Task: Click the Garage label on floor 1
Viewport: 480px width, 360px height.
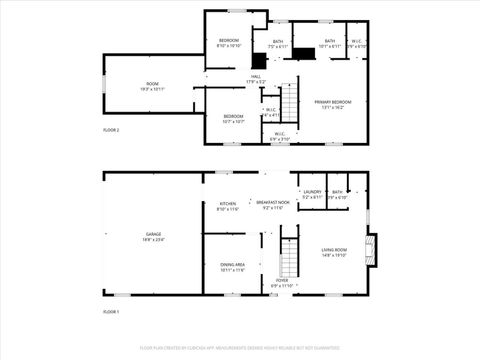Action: pyautogui.click(x=152, y=235)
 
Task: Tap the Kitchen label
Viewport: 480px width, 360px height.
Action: pyautogui.click(x=228, y=206)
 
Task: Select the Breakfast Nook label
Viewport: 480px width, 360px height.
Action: pyautogui.click(x=273, y=204)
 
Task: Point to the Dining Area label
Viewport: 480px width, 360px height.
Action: pyautogui.click(x=233, y=266)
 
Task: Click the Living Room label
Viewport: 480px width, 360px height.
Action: pyautogui.click(x=334, y=251)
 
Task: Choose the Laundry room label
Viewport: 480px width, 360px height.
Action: pyautogui.click(x=312, y=193)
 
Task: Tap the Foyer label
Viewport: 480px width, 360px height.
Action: pyautogui.click(x=283, y=282)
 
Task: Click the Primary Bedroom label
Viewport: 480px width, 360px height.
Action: pyautogui.click(x=333, y=103)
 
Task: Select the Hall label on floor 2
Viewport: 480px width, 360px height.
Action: pyautogui.click(x=256, y=78)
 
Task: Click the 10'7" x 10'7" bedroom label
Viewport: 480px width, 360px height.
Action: pyautogui.click(x=233, y=118)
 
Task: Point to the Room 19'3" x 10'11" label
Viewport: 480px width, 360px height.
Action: pyautogui.click(x=152, y=86)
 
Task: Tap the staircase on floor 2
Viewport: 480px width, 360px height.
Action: pyautogui.click(x=288, y=102)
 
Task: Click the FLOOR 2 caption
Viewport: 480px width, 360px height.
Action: pyautogui.click(x=111, y=130)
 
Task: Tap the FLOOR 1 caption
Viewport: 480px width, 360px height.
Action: pyautogui.click(x=111, y=312)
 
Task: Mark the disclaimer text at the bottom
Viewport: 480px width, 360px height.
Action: pyautogui.click(x=239, y=347)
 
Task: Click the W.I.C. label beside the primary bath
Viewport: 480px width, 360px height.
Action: pyautogui.click(x=357, y=43)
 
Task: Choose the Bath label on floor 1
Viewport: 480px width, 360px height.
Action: pyautogui.click(x=338, y=193)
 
